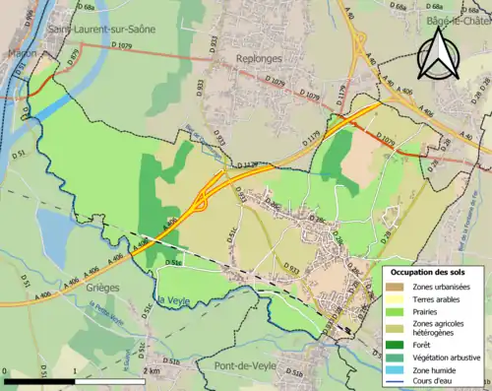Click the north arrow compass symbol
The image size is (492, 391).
coord(437,53)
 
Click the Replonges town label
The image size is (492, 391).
coord(261,59)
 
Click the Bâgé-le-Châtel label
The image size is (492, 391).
coord(459,19)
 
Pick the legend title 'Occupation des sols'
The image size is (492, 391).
coord(430,271)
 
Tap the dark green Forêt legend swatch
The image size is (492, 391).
coord(394,344)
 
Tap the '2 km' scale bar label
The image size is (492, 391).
coord(151,371)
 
